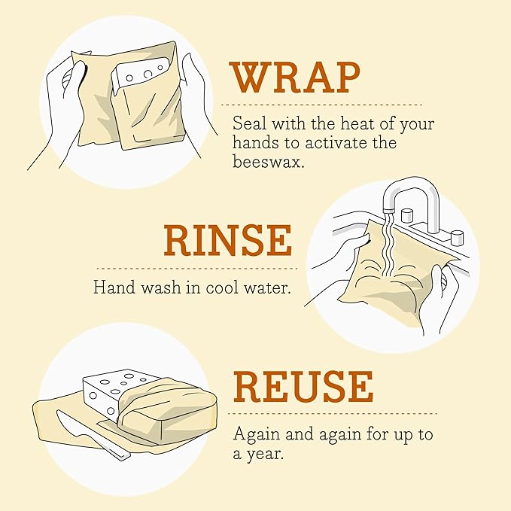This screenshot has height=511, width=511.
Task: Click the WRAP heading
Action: [x=295, y=78]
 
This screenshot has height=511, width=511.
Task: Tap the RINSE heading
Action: [x=227, y=240]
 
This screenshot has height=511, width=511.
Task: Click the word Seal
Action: [x=249, y=123]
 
